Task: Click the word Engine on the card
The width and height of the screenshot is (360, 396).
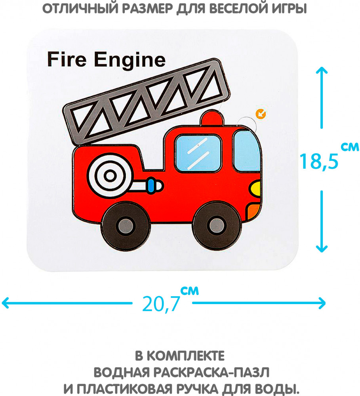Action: (x=130, y=61)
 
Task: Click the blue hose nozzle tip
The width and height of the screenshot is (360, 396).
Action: (x=151, y=185)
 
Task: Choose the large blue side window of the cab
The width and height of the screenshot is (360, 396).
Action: (x=198, y=153)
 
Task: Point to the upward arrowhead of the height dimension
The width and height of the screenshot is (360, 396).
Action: (x=322, y=70)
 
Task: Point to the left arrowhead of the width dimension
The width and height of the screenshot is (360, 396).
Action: (x=6, y=304)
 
